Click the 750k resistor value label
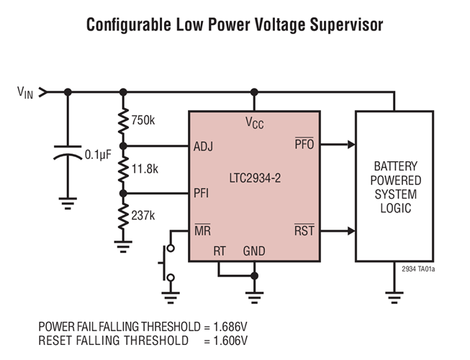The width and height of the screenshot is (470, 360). pyautogui.click(x=143, y=120)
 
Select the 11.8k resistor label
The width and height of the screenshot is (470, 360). pyautogui.click(x=145, y=169)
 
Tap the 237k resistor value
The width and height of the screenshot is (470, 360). pyautogui.click(x=143, y=215)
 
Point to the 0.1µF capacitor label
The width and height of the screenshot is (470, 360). pyautogui.click(x=98, y=156)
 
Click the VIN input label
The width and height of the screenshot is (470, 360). pyautogui.click(x=25, y=93)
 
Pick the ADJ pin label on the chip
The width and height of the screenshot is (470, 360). pyautogui.click(x=203, y=147)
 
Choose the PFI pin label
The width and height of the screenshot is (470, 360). pyautogui.click(x=201, y=193)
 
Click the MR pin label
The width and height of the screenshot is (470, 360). pyautogui.click(x=203, y=230)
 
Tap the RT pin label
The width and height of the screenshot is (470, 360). pyautogui.click(x=220, y=251)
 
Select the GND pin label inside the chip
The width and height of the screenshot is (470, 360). pyautogui.click(x=254, y=251)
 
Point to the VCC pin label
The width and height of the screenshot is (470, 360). pyautogui.click(x=255, y=122)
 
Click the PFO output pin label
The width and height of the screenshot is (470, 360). pyautogui.click(x=304, y=143)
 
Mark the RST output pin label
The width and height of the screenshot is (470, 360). pyautogui.click(x=304, y=230)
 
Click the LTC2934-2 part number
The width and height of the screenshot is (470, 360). pyautogui.click(x=255, y=179)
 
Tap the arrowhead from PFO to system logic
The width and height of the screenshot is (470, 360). pyautogui.click(x=351, y=145)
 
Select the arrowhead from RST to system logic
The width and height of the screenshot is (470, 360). pyautogui.click(x=351, y=231)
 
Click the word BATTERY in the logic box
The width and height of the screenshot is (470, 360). pyautogui.click(x=396, y=166)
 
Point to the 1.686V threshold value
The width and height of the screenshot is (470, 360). pyautogui.click(x=230, y=327)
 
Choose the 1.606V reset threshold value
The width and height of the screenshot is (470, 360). pyautogui.click(x=230, y=341)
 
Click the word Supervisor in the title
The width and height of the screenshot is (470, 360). pyautogui.click(x=346, y=25)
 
